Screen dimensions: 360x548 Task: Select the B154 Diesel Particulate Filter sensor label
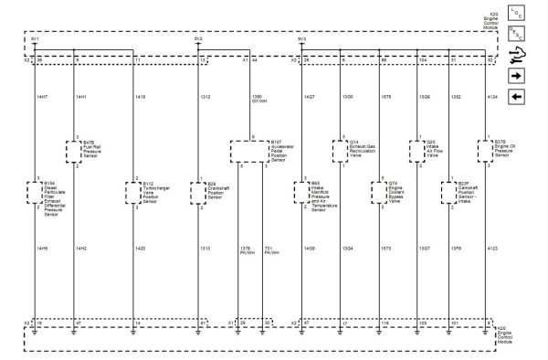click(x=55, y=196)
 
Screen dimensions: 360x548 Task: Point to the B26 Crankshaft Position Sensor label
click(x=217, y=191)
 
